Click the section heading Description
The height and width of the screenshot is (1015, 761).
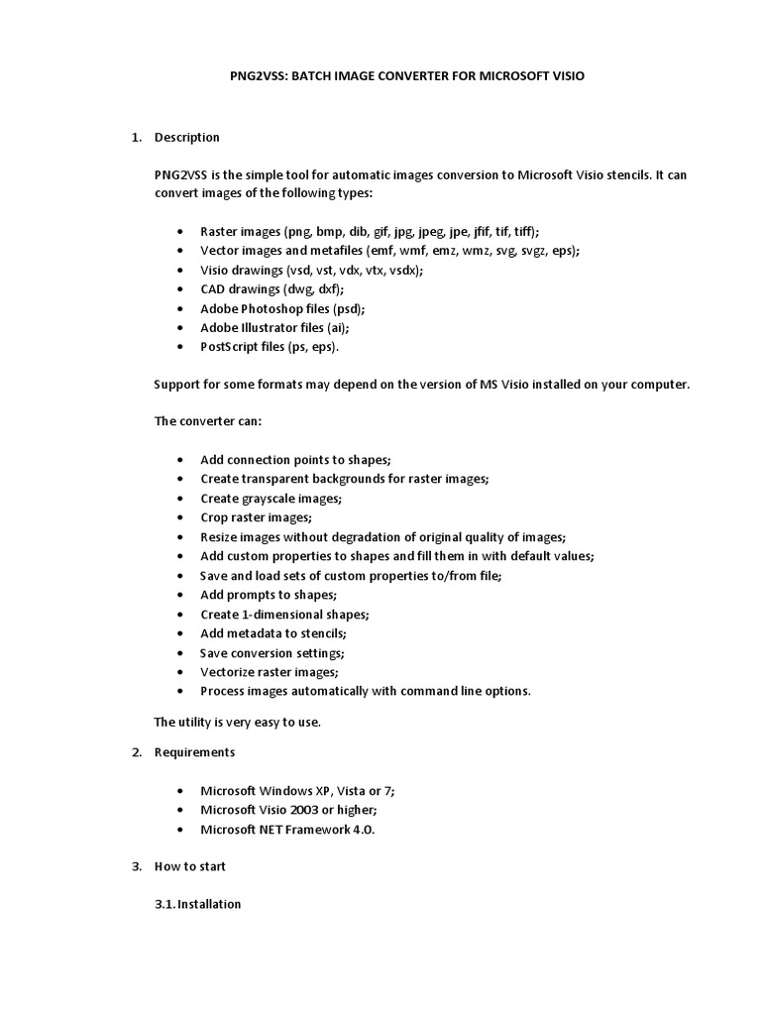tap(187, 137)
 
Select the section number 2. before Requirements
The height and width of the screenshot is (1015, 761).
tap(138, 751)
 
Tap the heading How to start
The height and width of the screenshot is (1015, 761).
tap(190, 865)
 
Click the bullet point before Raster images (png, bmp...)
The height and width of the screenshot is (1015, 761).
tap(178, 231)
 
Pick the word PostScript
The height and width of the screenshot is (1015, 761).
tap(231, 346)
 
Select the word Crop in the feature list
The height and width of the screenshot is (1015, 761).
tap(214, 516)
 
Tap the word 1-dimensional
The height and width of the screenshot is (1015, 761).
tap(283, 614)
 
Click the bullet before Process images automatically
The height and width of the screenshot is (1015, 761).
tap(178, 691)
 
